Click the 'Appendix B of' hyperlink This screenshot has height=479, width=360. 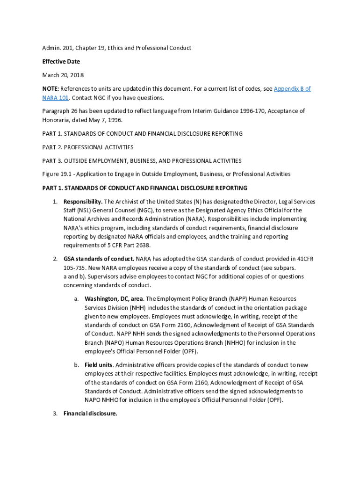click(x=292, y=89)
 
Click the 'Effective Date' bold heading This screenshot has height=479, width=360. click(x=61, y=61)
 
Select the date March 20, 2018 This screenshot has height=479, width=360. click(x=63, y=75)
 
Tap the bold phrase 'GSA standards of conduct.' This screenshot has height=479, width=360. click(x=99, y=259)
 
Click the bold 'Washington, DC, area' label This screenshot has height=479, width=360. click(x=114, y=298)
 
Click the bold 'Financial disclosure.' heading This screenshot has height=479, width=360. click(x=90, y=414)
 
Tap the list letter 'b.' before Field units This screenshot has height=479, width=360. click(x=76, y=365)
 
